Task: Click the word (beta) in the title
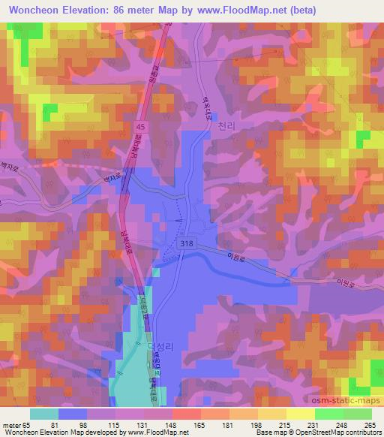tap(298, 11)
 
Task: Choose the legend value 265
tap(370, 425)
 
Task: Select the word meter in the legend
tap(11, 425)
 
